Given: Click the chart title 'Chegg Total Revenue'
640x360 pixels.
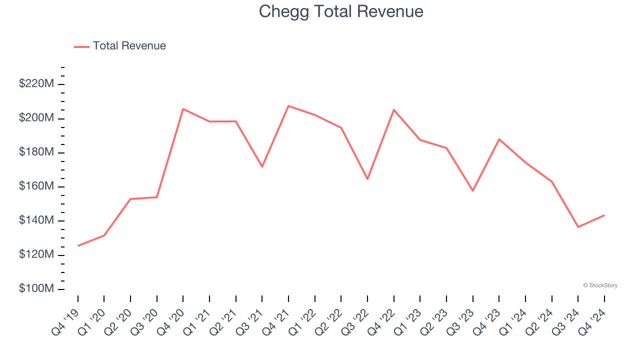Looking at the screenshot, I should pyautogui.click(x=341, y=11).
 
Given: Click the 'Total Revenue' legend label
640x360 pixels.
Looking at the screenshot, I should pyautogui.click(x=129, y=46).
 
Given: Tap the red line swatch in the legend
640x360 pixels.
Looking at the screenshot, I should pyautogui.click(x=81, y=46).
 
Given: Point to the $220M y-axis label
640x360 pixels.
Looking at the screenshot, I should pyautogui.click(x=36, y=84).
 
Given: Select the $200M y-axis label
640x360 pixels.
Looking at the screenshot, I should pyautogui.click(x=36, y=118).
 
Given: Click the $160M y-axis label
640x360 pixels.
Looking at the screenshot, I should pyautogui.click(x=36, y=186).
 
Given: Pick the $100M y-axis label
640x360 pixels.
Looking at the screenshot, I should pyautogui.click(x=36, y=289).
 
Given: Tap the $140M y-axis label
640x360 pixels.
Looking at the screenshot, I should pyautogui.click(x=36, y=220).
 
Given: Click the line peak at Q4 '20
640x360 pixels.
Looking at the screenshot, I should pyautogui.click(x=183, y=108).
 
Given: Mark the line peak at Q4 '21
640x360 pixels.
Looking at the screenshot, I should pyautogui.click(x=288, y=106).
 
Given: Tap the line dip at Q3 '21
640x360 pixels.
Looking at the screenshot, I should pyautogui.click(x=262, y=166).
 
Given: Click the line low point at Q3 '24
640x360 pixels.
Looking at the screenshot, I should pyautogui.click(x=578, y=227).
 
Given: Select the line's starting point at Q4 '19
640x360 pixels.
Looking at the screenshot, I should pyautogui.click(x=78, y=245).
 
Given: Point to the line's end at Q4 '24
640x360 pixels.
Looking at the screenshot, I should pyautogui.click(x=604, y=215).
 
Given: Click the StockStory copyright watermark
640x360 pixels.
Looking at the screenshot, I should pyautogui.click(x=600, y=285).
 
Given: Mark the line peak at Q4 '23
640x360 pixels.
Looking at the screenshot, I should pyautogui.click(x=499, y=139).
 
